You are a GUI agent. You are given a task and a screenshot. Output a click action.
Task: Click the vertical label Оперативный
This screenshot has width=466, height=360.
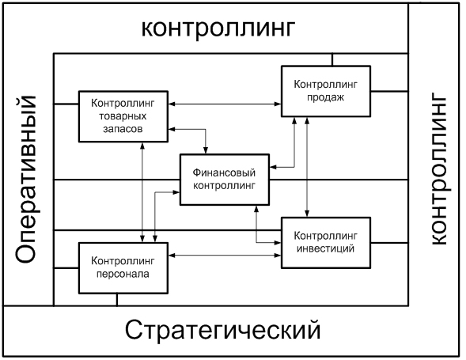coord(28,179)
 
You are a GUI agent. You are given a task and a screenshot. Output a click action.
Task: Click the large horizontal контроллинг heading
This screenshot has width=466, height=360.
coord(217,28)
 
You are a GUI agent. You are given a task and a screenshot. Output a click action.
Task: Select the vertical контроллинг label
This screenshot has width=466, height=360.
coord(438,171)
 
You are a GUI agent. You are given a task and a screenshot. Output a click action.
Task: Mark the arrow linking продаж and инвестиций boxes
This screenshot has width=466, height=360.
coord(307,166)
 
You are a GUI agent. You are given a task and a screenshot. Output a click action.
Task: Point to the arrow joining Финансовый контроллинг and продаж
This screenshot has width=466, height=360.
coord(289,150)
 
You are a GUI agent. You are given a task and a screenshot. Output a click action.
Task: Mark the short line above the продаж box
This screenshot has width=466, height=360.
coord(332,59)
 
